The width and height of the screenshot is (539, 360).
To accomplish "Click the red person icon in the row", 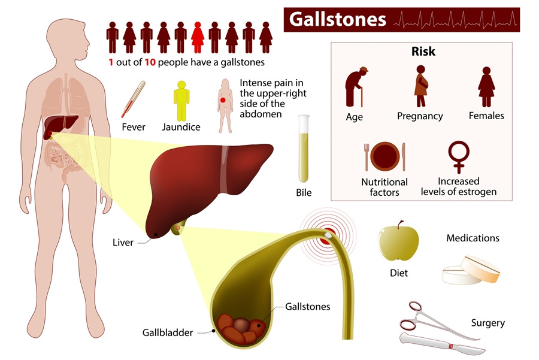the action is point(197,38).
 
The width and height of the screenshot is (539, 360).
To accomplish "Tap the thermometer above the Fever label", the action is point(133,99).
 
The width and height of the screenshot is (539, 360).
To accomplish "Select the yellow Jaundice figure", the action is point(181,101).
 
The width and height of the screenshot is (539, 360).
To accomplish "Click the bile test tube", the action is point(304,149).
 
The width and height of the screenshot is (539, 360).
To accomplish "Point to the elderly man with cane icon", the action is point(356,87).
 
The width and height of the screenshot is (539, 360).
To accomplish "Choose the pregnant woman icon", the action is point(421,86).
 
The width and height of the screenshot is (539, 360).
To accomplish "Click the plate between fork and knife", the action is point(385,156).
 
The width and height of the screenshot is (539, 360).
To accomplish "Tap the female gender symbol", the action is point(459,157).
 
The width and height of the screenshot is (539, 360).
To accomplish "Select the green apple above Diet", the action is point(398,241).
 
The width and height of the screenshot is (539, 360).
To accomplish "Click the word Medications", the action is point(473,238).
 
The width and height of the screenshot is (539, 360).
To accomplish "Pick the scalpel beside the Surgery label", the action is point(443,344).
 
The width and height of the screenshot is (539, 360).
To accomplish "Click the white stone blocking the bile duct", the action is point(328,235).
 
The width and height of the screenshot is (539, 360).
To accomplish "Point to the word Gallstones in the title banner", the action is point(337,19).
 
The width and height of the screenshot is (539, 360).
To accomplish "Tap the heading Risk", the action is point(423,52).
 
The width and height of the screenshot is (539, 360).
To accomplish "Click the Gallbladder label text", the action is point(168,332).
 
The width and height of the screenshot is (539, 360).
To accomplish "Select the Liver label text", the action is point(123,243).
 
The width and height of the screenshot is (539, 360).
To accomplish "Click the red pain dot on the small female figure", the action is point(223,100).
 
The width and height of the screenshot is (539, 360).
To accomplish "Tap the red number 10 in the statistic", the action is point(150,62).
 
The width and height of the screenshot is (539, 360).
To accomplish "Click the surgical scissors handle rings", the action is point(411,315).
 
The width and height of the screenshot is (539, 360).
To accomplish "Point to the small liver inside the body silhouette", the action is point(60,126).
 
